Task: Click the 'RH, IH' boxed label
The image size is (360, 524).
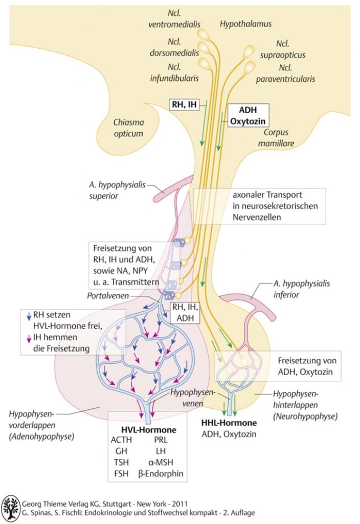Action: (184, 104)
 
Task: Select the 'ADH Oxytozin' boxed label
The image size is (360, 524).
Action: (248, 115)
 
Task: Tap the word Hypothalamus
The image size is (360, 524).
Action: (245, 24)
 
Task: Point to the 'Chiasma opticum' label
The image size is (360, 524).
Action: (128, 127)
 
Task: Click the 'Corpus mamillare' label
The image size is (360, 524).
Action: (276, 138)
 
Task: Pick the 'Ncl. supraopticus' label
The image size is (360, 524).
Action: (282, 49)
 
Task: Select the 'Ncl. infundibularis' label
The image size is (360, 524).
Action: (174, 73)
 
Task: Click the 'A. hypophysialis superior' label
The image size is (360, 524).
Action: (117, 190)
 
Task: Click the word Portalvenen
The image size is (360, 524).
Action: (108, 296)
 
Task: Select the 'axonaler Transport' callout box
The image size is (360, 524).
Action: (259, 206)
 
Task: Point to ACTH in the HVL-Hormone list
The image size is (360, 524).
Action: (121, 440)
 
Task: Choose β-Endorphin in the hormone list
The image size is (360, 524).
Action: (161, 473)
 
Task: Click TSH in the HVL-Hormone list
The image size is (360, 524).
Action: (121, 462)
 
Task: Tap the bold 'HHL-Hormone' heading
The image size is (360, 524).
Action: (229, 423)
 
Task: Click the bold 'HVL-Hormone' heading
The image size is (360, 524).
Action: (149, 430)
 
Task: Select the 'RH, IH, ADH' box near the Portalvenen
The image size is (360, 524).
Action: (185, 313)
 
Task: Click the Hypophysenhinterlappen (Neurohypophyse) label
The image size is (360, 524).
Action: (305, 405)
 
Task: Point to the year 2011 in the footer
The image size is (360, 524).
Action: (179, 504)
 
